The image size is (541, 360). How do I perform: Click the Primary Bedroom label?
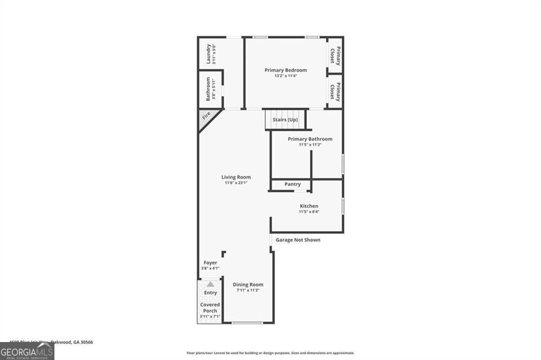click(x=285, y=70)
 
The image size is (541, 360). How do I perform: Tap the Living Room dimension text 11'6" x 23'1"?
click(x=236, y=183)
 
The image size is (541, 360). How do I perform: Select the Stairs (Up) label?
click(x=285, y=120)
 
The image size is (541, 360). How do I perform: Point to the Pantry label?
click(x=292, y=184)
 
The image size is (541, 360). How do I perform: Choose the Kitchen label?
click(x=309, y=206)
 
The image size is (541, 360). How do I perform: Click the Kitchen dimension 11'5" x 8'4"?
click(x=309, y=212)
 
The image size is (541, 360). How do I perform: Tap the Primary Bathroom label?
click(x=310, y=139)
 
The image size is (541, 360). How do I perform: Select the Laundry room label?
click(x=209, y=53)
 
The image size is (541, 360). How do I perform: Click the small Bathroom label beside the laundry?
click(x=208, y=89)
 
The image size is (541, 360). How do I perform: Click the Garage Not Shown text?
click(x=298, y=240)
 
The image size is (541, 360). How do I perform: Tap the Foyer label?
click(x=210, y=262)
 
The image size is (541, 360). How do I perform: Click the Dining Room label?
click(x=248, y=285)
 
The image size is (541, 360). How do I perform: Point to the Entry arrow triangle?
click(x=210, y=285)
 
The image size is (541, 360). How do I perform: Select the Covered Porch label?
click(x=210, y=308)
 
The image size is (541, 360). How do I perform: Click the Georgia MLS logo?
click(x=27, y=351)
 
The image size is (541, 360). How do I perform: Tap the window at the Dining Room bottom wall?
click(x=247, y=323)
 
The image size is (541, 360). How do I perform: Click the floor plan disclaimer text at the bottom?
click(x=270, y=353)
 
